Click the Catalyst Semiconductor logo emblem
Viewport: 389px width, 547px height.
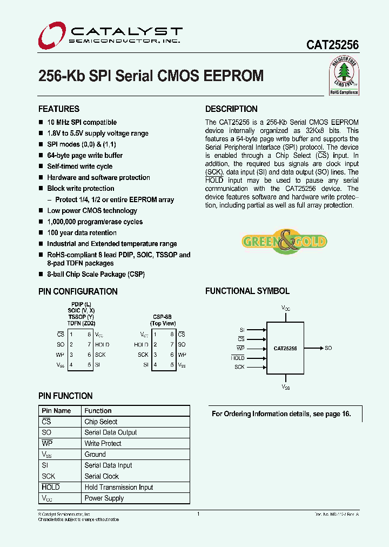[x=51, y=35]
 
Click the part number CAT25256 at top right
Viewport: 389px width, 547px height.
[x=332, y=46]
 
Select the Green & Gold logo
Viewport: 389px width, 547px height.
[x=284, y=241]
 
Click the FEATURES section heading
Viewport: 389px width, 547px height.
[x=59, y=109]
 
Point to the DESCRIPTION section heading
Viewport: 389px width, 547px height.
[x=231, y=109]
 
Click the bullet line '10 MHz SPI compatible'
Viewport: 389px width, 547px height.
[x=82, y=123]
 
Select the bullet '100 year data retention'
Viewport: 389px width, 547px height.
[x=82, y=233]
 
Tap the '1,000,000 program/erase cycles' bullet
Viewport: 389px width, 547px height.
[x=95, y=222]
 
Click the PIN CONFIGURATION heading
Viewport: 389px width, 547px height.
[x=78, y=291]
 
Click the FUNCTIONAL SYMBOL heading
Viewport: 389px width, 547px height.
[x=247, y=291]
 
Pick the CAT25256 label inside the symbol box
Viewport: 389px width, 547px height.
[x=285, y=349]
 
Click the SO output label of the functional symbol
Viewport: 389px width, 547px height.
[x=328, y=349]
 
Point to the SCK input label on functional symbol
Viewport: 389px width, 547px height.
[x=239, y=367]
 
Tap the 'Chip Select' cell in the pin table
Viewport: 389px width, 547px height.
[x=101, y=422]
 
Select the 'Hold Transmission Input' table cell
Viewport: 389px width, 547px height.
[x=119, y=487]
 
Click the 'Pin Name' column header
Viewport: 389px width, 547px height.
[x=56, y=411]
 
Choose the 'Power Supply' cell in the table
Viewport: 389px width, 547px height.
[x=104, y=498]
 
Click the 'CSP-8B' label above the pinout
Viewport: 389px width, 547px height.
[x=162, y=317]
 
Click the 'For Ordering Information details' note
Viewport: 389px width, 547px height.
[x=281, y=414]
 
